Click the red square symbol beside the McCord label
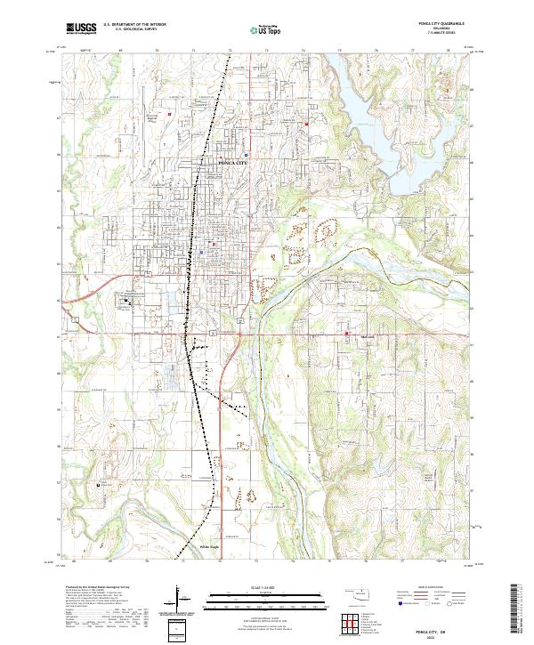coord(346,335)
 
